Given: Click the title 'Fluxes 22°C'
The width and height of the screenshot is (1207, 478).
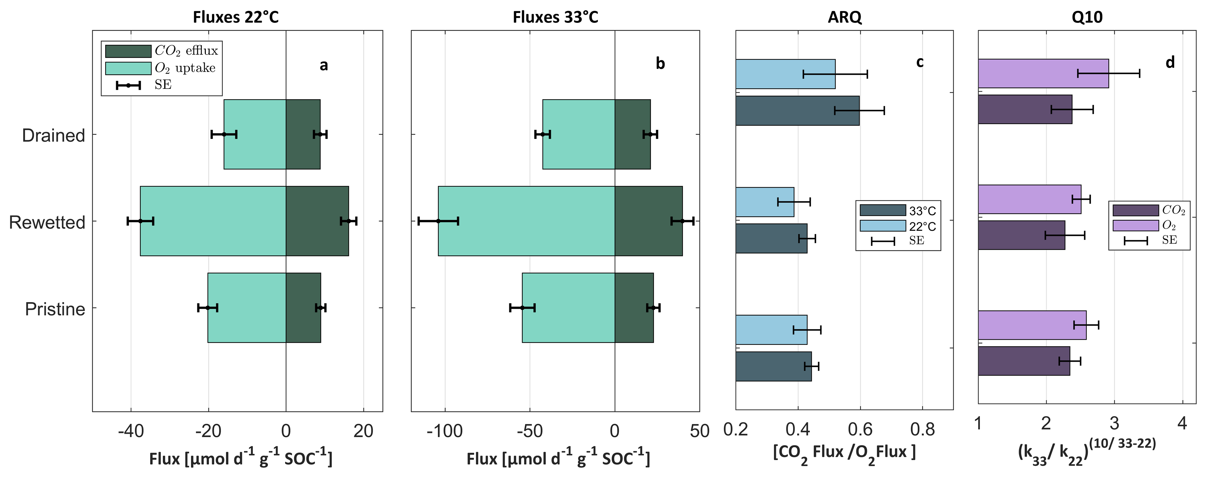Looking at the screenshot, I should pos(236,17).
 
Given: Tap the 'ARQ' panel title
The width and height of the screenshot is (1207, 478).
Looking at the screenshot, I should pos(844,17).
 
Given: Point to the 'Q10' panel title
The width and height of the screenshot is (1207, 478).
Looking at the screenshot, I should pos(1087,17).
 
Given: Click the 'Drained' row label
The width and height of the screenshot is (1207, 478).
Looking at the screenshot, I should pos(53,136).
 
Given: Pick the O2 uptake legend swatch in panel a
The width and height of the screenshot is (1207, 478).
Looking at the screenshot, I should pos(128,68).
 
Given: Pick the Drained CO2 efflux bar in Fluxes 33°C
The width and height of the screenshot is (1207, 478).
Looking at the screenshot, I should pos(633,134).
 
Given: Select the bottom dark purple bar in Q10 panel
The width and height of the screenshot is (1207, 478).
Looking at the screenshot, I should pos(1024,361).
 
